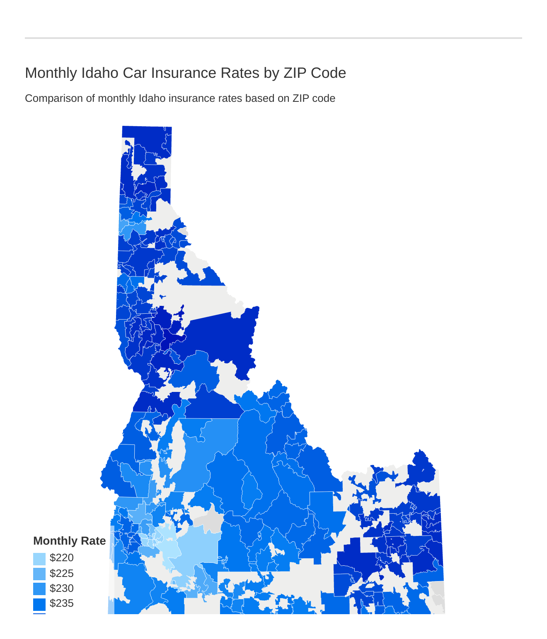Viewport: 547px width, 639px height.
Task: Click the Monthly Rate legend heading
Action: click(69, 541)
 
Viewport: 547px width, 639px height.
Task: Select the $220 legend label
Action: click(61, 558)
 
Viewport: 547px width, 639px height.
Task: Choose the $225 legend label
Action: click(61, 573)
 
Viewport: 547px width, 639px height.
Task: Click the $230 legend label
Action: click(61, 588)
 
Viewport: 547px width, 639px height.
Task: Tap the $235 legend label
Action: click(61, 603)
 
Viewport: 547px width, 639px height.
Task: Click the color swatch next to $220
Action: click(39, 559)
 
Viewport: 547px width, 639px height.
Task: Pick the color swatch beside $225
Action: click(39, 574)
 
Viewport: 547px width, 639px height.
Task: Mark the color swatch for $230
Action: click(39, 589)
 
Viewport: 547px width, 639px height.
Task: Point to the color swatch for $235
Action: click(39, 604)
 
